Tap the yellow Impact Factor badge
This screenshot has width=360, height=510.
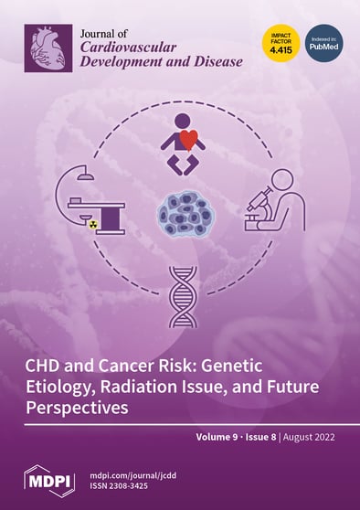pyautogui.click(x=281, y=43)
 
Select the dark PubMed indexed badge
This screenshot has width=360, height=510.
pyautogui.click(x=323, y=43)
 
